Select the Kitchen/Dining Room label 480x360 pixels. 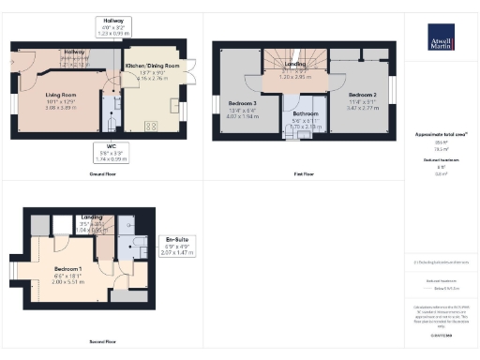coord(152,65)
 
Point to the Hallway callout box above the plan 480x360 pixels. coord(112,25)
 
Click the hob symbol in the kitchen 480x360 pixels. coord(150,127)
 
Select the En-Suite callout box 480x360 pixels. coord(177,244)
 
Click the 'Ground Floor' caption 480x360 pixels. coord(101,173)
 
